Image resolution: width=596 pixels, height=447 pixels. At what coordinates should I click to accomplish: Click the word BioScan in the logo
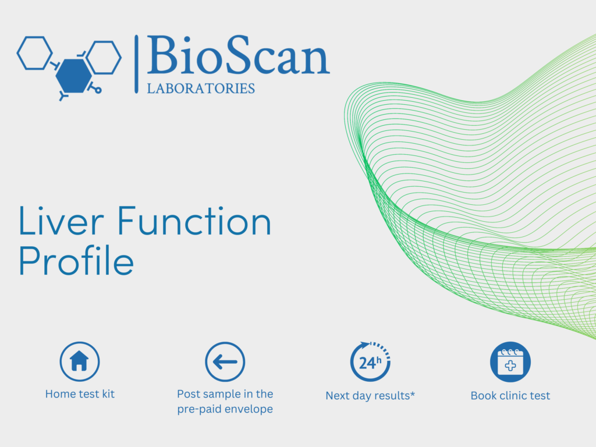238,55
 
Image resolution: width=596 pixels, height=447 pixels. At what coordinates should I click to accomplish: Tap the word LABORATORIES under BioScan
201,88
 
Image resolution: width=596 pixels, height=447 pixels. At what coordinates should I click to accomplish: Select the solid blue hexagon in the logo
74,76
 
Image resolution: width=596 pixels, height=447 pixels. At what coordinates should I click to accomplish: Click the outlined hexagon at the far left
34,53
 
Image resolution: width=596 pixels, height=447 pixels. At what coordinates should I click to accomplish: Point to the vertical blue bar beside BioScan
136,64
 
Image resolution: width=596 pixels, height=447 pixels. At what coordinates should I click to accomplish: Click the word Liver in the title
61,221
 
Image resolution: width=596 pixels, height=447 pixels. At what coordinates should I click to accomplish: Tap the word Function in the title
194,221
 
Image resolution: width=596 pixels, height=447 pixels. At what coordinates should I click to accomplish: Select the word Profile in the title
76,260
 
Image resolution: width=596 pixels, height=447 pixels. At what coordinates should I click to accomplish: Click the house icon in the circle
79,361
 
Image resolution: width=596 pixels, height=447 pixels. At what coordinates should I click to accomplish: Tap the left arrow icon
225,362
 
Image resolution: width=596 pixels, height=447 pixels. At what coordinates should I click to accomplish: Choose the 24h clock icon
370,361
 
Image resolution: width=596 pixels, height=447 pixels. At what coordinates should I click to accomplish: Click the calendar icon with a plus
510,362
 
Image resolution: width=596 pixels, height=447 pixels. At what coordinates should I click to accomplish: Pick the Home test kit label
80,394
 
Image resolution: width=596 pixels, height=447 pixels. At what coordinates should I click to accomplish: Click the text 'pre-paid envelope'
225,409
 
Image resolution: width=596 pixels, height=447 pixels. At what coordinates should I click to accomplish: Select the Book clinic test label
510,396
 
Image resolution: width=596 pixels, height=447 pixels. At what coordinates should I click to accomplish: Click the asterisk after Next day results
413,393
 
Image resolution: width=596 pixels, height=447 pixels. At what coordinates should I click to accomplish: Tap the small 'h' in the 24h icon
379,360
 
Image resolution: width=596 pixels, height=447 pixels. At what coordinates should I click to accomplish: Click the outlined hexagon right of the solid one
104,57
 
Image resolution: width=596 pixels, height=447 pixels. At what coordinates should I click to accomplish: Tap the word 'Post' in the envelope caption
189,394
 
